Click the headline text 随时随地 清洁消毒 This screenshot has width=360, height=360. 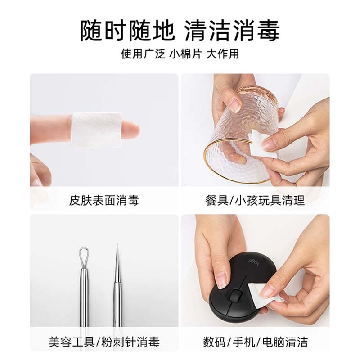[x=180, y=31]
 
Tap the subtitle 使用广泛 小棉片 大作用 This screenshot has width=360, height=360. [x=180, y=54]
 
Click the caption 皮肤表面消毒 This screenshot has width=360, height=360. [x=104, y=200]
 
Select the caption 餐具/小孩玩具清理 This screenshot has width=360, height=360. [x=255, y=200]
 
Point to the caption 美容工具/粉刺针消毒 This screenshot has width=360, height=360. [x=104, y=342]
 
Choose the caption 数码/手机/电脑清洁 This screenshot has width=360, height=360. [x=255, y=342]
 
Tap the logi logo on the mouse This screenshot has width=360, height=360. [x=250, y=259]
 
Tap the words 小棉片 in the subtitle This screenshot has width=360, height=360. [x=185, y=54]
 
